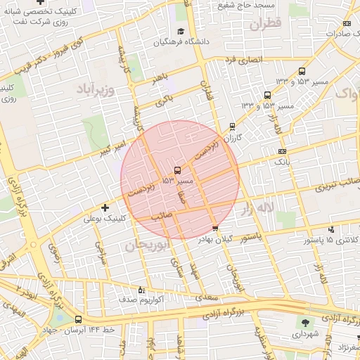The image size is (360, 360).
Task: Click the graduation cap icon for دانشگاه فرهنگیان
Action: click(181, 32)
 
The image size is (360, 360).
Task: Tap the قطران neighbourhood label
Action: click(264, 24)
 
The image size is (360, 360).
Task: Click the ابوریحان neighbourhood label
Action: click(148, 245)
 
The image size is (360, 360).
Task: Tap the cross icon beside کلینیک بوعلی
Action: click(105, 207)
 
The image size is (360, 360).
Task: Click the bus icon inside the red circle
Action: click(176, 170)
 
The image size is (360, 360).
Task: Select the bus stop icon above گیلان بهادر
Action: click(215, 228)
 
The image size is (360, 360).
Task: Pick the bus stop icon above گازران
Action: click(232, 127)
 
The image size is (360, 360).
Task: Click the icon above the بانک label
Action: click(282, 151)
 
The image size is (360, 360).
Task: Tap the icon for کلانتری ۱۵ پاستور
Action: click(330, 229)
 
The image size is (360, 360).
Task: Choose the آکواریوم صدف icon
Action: click(141, 289)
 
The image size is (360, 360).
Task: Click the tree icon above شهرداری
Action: click(305, 323)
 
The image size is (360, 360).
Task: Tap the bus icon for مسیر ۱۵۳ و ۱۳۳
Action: click(302, 71)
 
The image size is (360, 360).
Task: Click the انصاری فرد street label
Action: click(243, 60)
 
